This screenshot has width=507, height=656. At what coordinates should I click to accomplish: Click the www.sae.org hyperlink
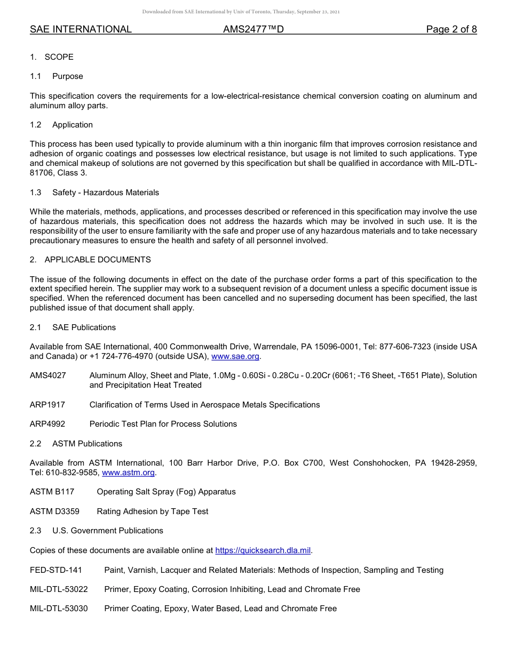point(235,356)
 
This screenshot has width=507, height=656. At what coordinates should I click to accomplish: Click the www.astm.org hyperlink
point(128,473)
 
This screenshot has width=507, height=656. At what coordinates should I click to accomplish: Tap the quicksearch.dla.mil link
point(263,550)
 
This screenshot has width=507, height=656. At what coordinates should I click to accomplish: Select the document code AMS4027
point(48,375)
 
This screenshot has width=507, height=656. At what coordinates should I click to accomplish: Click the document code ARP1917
point(47,405)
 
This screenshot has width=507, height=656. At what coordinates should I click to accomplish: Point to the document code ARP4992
point(47,424)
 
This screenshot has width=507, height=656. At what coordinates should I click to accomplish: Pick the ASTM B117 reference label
point(52,492)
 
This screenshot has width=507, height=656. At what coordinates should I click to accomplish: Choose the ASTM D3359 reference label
point(54,511)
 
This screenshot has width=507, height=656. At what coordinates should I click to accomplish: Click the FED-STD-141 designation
point(56,570)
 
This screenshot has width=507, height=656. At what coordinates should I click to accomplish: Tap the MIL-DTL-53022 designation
point(59,589)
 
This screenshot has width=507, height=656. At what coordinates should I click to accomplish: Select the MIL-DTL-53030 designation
point(59,609)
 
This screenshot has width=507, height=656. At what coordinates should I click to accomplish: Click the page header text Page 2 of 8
point(451,30)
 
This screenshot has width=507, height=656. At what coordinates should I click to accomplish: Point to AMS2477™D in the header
point(253,30)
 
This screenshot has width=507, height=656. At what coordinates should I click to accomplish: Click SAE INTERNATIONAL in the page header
point(81,30)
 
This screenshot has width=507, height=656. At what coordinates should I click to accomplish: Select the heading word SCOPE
point(59,57)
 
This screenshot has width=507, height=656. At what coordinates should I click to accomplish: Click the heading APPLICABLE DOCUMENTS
point(98,260)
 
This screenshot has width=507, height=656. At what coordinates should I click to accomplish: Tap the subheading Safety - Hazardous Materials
point(106,193)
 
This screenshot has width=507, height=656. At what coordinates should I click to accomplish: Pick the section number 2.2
point(36,444)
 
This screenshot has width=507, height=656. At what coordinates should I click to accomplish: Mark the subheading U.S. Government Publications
point(108,531)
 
